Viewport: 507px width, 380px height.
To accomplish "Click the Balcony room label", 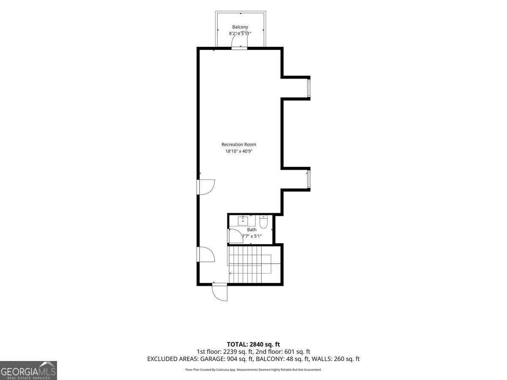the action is pyautogui.click(x=240, y=27).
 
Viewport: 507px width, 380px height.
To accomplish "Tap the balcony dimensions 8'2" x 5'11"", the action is pyautogui.click(x=240, y=33).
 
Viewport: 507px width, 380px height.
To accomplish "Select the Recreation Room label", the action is pyautogui.click(x=239, y=144).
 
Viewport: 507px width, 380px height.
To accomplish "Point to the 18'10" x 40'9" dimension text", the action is pyautogui.click(x=239, y=151).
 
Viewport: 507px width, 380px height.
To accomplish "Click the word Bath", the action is pyautogui.click(x=251, y=230).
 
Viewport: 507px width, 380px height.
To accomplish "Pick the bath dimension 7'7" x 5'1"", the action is pyautogui.click(x=252, y=236).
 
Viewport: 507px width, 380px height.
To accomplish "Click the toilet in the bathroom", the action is pyautogui.click(x=263, y=222).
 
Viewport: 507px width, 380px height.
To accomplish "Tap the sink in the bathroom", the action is pyautogui.click(x=243, y=221).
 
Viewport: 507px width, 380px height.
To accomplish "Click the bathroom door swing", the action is pyautogui.click(x=236, y=236).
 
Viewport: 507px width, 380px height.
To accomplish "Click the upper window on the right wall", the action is pyautogui.click(x=308, y=88).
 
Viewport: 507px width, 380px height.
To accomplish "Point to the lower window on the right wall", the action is pyautogui.click(x=308, y=179).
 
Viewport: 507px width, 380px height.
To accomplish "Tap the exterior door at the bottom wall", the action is pyautogui.click(x=220, y=292).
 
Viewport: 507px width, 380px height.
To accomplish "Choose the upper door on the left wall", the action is pyautogui.click(x=206, y=187).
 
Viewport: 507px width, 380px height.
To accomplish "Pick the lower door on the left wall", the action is pyautogui.click(x=206, y=254).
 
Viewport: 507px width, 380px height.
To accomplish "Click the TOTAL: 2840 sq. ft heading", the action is pyautogui.click(x=253, y=345).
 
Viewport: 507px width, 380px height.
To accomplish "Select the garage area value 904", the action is pyautogui.click(x=232, y=359).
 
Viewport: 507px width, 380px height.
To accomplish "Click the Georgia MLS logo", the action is pyautogui.click(x=28, y=370).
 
